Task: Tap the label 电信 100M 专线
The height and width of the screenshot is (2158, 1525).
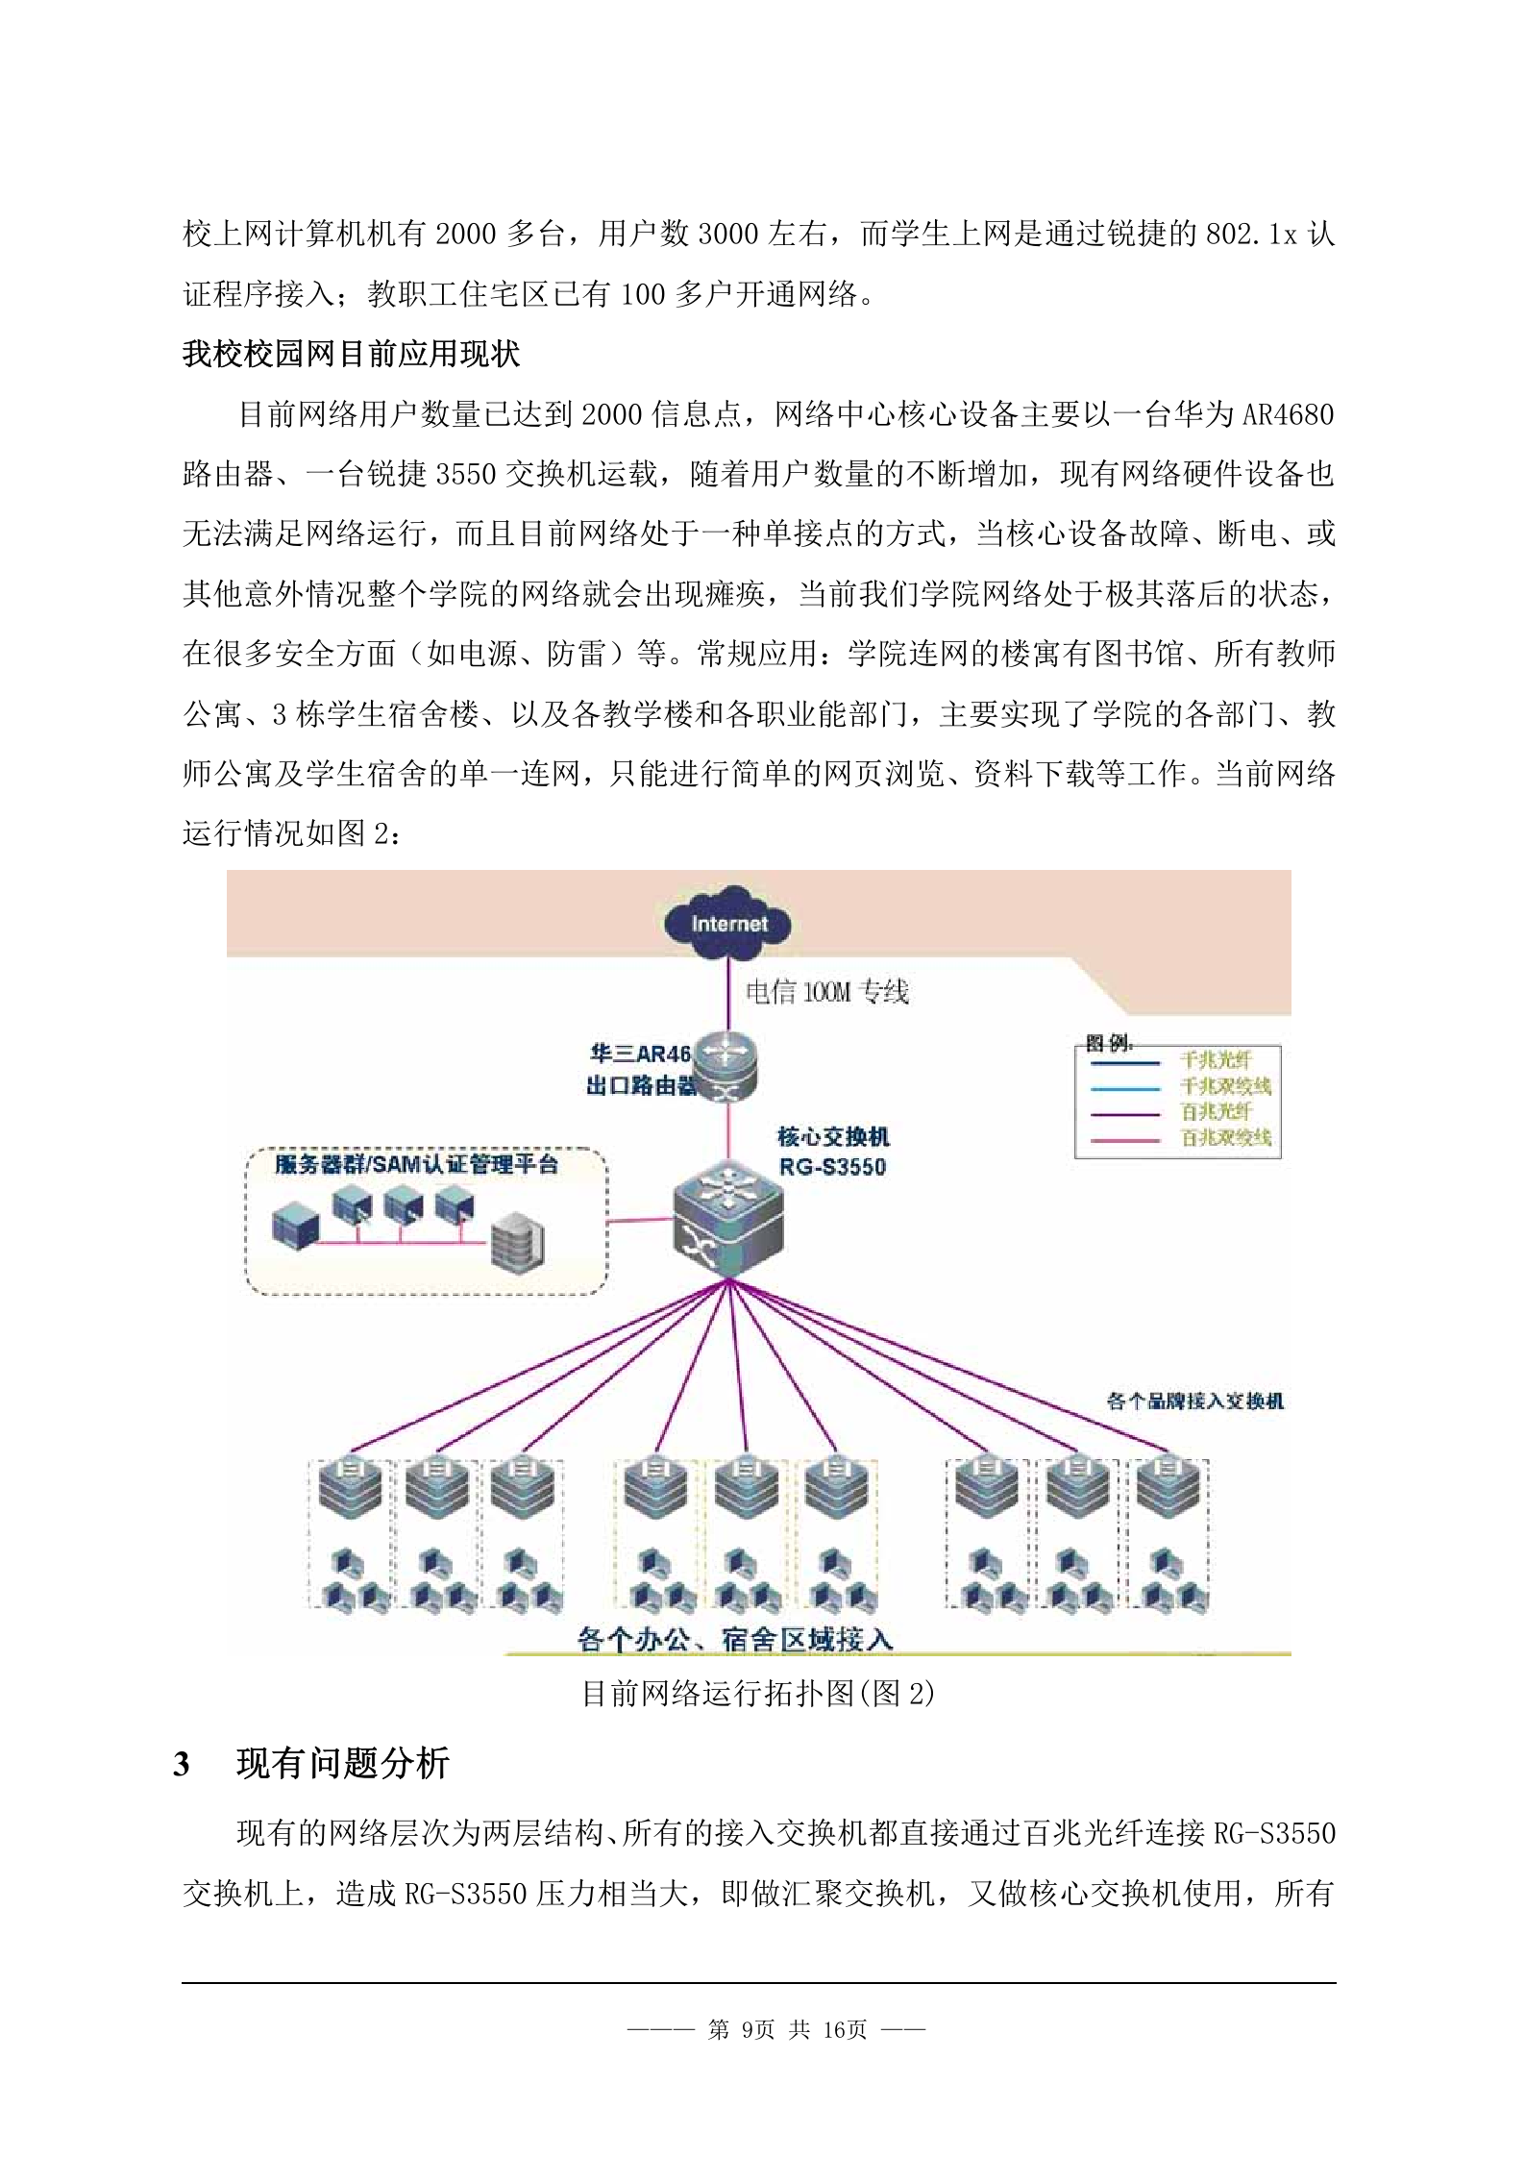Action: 826,991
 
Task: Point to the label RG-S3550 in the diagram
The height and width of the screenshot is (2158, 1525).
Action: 832,1167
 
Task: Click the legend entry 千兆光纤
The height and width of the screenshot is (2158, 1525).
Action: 1216,1060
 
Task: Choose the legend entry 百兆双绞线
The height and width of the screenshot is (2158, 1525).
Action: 1225,1138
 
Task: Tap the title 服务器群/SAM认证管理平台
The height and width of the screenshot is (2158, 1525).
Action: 415,1165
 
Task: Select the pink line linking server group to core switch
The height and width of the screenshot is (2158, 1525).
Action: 640,1220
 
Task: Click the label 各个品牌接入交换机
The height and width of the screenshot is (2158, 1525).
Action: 1194,1401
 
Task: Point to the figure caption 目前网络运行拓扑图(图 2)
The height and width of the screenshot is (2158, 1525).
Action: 758,1693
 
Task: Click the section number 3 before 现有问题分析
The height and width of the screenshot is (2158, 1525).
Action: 181,1765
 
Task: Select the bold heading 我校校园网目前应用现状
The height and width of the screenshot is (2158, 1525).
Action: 351,354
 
